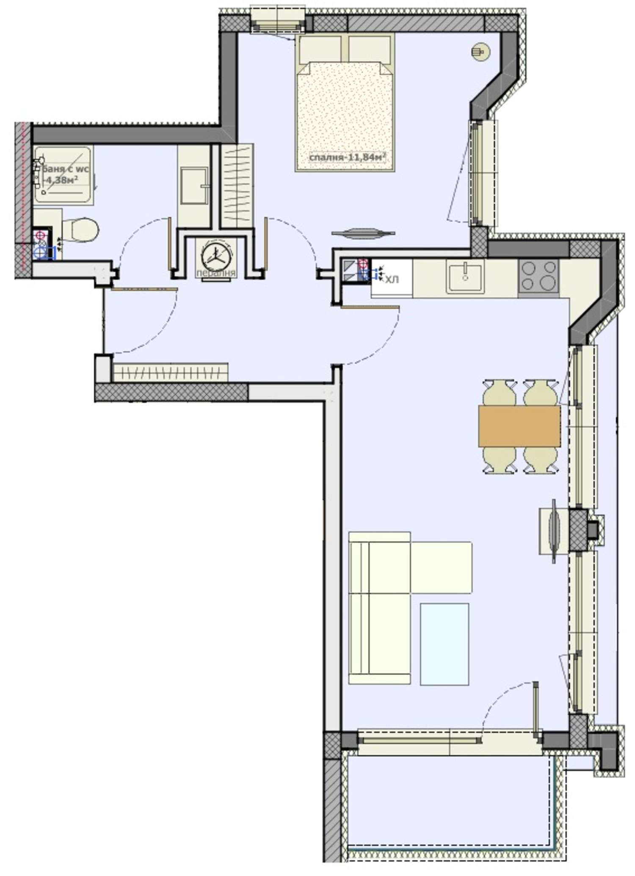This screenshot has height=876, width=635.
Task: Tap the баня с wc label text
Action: (63, 169)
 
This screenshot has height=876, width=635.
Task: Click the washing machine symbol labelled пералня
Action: (215, 255)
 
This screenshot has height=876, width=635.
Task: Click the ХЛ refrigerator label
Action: (392, 280)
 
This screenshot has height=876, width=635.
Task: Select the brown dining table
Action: (519, 426)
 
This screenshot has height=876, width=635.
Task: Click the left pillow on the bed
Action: (320, 49)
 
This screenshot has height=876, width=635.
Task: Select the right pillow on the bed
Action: (370, 49)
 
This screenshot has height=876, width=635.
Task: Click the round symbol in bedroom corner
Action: (480, 52)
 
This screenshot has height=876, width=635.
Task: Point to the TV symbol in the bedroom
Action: (363, 233)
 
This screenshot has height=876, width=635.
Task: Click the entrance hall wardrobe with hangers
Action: (170, 373)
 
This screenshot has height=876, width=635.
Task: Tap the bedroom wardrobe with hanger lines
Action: (237, 186)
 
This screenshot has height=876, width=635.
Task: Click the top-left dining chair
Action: (500, 393)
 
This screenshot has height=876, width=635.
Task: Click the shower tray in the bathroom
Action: (63, 176)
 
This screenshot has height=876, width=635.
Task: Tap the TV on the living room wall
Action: (554, 531)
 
